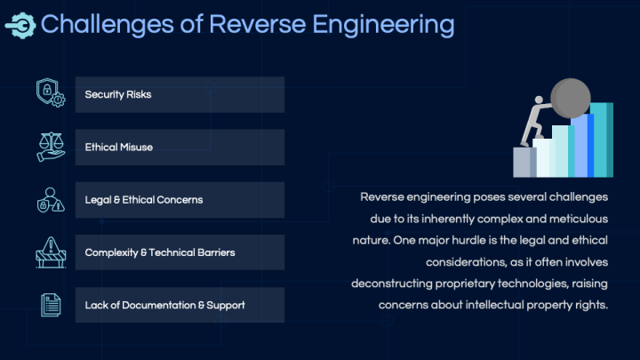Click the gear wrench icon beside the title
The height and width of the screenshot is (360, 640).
[x=20, y=25]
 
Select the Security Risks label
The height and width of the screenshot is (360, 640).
[x=118, y=94]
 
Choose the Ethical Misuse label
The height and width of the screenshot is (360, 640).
[x=118, y=147]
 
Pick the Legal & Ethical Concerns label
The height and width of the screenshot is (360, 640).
[x=144, y=200]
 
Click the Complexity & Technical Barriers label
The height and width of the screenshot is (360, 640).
[x=160, y=252]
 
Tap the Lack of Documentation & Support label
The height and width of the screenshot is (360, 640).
[x=164, y=305]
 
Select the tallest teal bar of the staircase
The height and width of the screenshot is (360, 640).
[x=603, y=140]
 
